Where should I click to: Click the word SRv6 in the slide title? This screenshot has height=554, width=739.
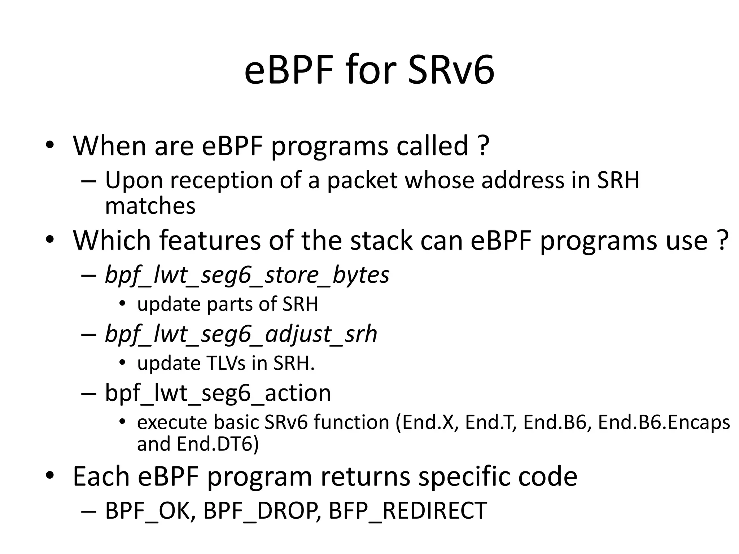pyautogui.click(x=451, y=70)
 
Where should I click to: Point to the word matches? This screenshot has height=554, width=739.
pyautogui.click(x=150, y=206)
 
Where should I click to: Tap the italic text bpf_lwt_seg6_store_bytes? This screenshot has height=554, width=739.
pyautogui.click(x=247, y=275)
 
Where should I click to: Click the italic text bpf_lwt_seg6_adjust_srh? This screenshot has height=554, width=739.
pyautogui.click(x=241, y=334)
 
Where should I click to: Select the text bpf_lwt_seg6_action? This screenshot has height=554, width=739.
pyautogui.click(x=218, y=393)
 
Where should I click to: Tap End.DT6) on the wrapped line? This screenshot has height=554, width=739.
pyautogui.click(x=218, y=444)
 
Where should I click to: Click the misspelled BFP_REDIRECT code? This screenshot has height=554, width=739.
pyautogui.click(x=408, y=511)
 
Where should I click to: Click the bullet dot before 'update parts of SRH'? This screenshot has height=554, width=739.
pyautogui.click(x=122, y=304)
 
